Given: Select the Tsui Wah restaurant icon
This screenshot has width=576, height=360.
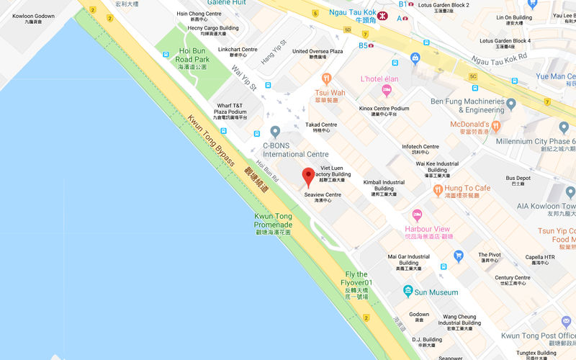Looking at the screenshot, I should click(x=326, y=78).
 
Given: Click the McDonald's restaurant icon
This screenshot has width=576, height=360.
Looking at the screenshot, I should click(x=496, y=127).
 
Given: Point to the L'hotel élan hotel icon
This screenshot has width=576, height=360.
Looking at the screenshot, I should click(x=387, y=91).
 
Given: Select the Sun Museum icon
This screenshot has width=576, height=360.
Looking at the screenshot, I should click(x=409, y=292).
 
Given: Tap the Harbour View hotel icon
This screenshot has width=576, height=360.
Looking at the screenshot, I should click(x=416, y=216).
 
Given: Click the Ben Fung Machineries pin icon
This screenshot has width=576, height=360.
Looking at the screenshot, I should click(x=511, y=105).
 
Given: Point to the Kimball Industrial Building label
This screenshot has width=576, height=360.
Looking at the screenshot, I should click(x=384, y=186).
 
